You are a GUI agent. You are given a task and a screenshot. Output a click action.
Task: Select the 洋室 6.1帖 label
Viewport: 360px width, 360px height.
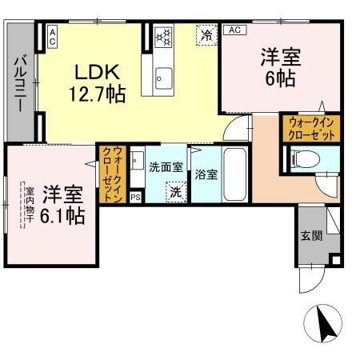pos(63,204)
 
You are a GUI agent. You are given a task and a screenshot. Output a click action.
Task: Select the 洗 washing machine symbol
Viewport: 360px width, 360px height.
pos(175,192)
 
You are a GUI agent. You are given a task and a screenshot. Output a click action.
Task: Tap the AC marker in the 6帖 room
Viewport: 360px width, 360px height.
pos(234,30)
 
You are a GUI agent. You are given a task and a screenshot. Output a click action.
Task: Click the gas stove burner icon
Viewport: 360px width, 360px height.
pos(164,36)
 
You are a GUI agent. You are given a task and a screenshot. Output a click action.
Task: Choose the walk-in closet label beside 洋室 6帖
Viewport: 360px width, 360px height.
pos(310,127)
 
